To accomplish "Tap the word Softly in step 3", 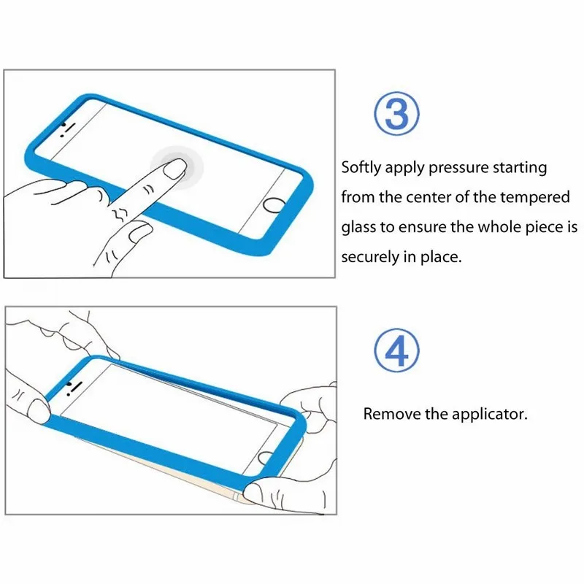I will click(x=361, y=168).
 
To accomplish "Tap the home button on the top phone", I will click(x=274, y=205).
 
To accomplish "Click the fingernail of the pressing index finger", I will click(x=174, y=172).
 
